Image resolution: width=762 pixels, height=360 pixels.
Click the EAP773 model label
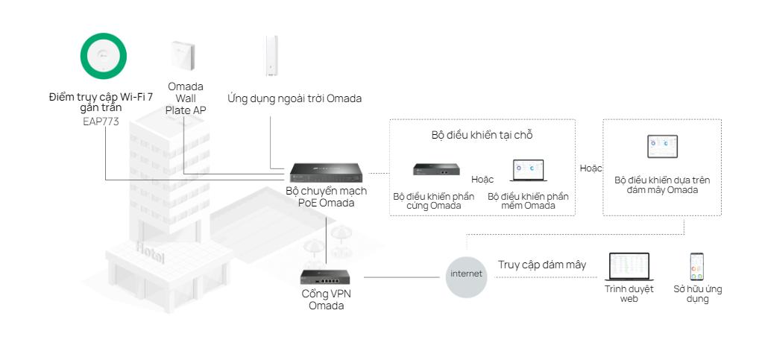(101, 121)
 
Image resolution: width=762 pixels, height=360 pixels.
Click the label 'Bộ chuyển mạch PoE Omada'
(326, 197)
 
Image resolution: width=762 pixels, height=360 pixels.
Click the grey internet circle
(466, 274)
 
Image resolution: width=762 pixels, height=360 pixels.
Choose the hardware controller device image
(436, 169)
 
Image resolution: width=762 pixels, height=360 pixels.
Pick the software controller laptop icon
(528, 171)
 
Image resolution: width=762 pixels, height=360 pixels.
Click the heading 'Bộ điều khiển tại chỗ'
(482, 136)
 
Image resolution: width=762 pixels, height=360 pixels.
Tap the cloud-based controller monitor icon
(661, 146)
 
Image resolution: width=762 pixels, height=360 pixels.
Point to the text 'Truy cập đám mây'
(542, 265)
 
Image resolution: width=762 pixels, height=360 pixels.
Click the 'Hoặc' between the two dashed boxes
(591, 168)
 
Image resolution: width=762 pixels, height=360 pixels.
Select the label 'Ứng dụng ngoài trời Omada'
(295, 98)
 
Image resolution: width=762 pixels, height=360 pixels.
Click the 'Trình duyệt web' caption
(629, 294)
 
